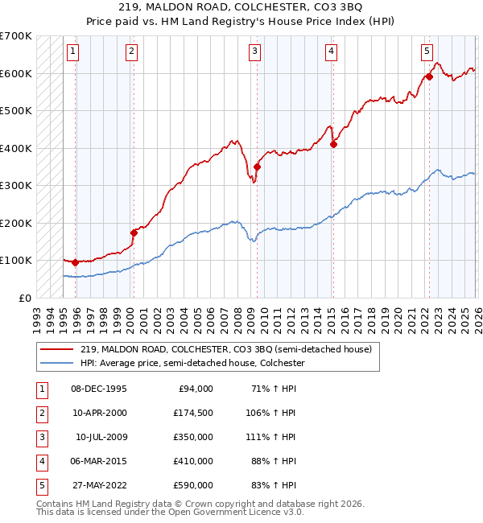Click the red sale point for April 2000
134,233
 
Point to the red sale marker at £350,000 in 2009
257,167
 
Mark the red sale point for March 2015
333,145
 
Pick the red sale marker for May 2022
429,77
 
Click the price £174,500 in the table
192,413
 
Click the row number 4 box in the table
39,461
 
